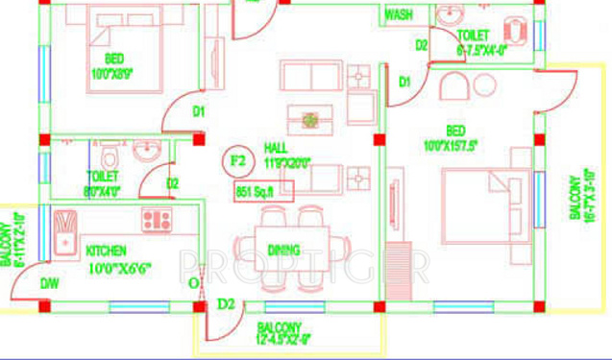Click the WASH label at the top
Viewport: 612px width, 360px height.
(x=399, y=15)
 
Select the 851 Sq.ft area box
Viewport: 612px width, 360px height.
(x=257, y=192)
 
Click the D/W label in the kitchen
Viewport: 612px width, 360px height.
(x=49, y=283)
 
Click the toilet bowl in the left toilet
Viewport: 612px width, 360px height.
(x=110, y=155)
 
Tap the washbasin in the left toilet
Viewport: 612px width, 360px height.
(x=146, y=151)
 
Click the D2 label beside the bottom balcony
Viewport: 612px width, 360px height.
(x=226, y=305)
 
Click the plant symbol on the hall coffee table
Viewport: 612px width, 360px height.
(x=311, y=120)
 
